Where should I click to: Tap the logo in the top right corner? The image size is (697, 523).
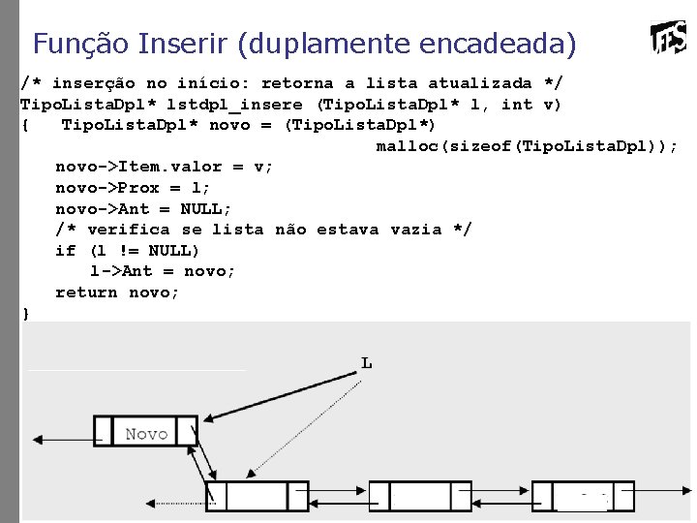669,39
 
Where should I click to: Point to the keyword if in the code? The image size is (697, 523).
65,251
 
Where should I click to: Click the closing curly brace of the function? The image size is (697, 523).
26,314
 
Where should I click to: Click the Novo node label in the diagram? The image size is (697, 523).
146,434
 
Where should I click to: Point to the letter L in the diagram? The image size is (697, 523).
366,363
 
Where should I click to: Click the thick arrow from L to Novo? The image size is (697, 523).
281,399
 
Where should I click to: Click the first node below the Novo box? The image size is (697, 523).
257,496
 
